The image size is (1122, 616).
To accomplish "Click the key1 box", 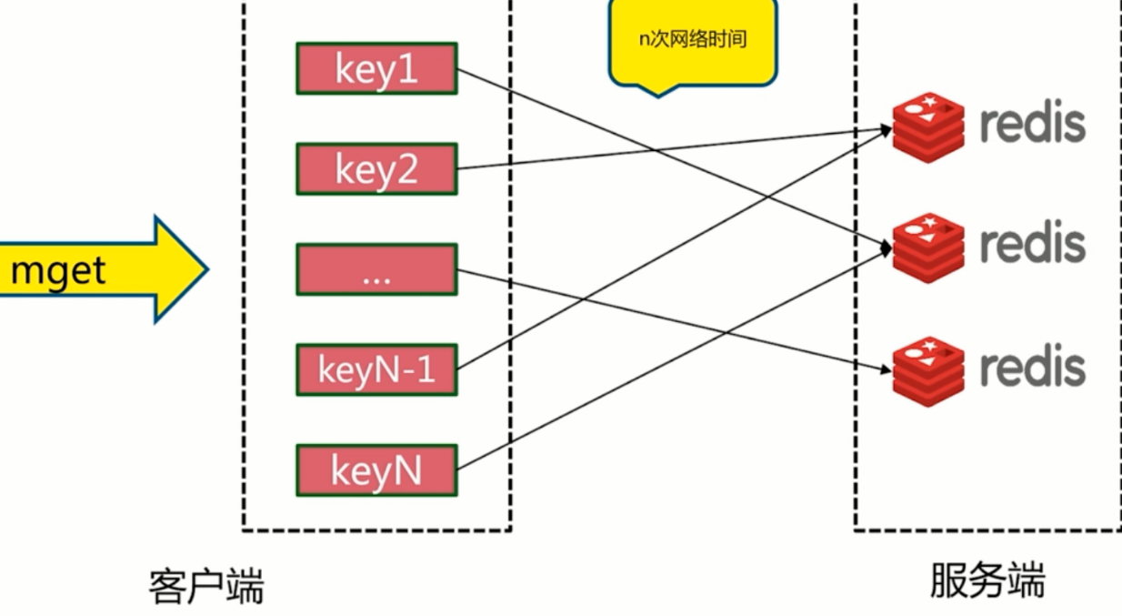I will click(x=376, y=68).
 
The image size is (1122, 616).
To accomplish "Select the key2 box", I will click(x=376, y=168).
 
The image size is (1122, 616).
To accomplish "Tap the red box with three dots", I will click(x=376, y=269).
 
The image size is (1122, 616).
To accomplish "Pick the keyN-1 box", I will click(x=376, y=369).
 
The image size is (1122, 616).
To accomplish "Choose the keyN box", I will click(x=376, y=470).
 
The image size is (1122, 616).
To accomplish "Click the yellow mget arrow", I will click(x=100, y=269).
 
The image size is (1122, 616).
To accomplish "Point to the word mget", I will click(x=58, y=270).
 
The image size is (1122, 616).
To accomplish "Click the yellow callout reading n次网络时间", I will click(x=693, y=42).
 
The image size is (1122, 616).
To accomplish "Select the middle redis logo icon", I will click(x=927, y=247).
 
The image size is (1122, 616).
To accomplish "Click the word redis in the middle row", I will click(x=1032, y=243).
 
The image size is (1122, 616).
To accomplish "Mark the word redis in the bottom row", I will click(x=1032, y=366).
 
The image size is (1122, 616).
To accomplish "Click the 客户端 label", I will click(x=206, y=587).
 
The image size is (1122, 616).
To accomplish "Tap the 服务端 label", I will click(x=987, y=581).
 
